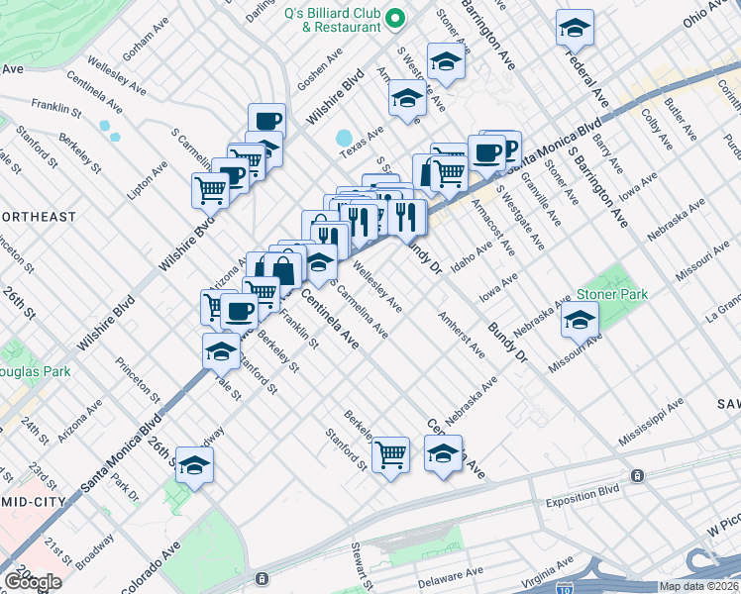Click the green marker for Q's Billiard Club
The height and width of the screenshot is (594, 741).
click(x=394, y=18)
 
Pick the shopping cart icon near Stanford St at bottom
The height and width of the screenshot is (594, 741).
click(x=391, y=455)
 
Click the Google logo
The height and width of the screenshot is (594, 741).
click(x=32, y=581)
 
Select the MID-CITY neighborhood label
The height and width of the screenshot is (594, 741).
click(x=32, y=502)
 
